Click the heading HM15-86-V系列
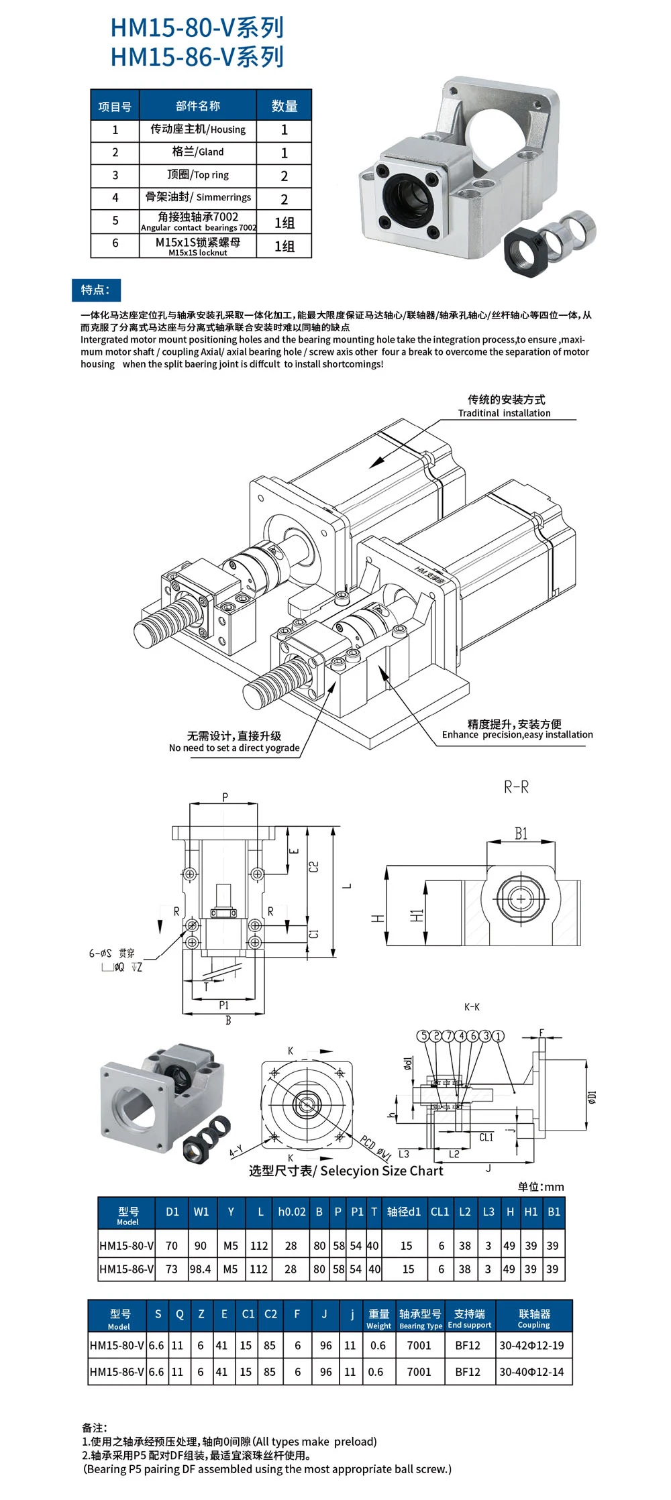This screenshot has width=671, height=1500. [197, 57]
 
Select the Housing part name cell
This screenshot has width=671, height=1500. [198, 129]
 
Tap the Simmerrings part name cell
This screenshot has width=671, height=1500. [198, 198]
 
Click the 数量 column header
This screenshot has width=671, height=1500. [284, 106]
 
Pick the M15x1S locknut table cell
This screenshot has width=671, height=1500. [198, 246]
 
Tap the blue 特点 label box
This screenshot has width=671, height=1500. [96, 290]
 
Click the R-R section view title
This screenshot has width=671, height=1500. [516, 787]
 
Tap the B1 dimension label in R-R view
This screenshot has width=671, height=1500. [521, 833]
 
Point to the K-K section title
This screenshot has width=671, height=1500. [472, 1007]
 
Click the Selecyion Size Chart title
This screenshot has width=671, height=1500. [346, 1171]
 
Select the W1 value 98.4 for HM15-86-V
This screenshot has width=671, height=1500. [200, 1269]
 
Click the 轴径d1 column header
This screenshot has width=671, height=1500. [404, 1212]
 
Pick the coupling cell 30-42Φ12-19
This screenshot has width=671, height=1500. [531, 1345]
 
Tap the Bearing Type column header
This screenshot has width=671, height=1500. [420, 1318]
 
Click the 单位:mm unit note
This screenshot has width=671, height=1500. [541, 1187]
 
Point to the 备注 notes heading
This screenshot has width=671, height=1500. [95, 1428]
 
